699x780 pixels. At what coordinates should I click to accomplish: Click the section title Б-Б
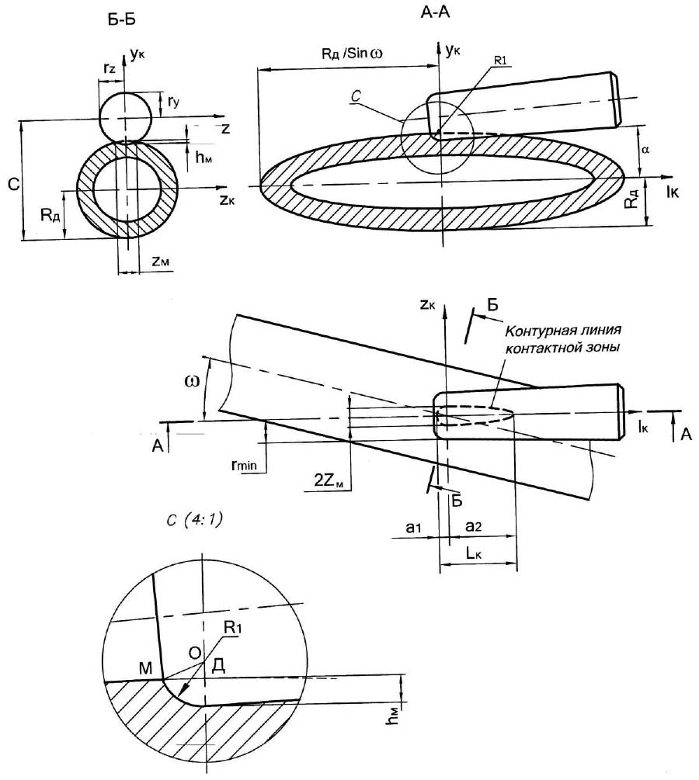121,20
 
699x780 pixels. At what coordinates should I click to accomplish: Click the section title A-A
435,12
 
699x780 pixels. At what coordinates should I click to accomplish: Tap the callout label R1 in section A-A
500,61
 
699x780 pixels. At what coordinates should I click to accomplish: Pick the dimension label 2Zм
329,480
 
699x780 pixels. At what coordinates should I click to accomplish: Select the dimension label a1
413,527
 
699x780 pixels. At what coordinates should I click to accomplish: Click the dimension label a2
474,526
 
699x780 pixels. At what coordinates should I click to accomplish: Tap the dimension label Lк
474,553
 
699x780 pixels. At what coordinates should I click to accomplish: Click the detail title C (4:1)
195,520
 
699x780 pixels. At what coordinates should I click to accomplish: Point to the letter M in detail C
145,668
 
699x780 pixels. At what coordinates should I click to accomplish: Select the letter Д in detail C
219,665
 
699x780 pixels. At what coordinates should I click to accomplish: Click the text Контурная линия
563,331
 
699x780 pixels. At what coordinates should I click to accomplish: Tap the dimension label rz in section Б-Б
110,68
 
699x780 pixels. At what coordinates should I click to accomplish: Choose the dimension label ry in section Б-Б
174,102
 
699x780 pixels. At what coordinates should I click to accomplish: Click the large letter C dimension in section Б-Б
14,185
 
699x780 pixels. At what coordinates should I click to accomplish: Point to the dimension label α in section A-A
645,149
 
